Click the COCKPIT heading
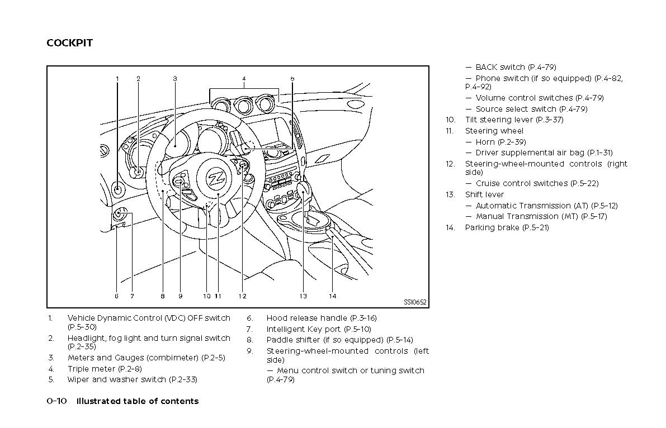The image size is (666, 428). click(x=69, y=43)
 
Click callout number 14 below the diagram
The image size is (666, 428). click(x=332, y=296)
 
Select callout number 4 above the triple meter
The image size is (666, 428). click(x=244, y=79)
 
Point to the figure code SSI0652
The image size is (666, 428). click(x=415, y=302)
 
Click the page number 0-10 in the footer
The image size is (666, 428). click(x=57, y=401)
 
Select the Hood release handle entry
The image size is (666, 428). click(x=321, y=318)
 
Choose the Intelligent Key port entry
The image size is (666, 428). click(x=318, y=329)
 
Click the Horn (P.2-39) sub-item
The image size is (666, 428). click(x=500, y=142)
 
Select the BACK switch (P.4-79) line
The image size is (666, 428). click(x=516, y=67)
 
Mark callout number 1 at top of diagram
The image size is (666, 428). click(x=117, y=79)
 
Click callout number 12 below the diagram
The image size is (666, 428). click(x=242, y=296)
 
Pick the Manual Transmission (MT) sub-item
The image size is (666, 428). click(x=541, y=216)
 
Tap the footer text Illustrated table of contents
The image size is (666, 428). click(x=137, y=401)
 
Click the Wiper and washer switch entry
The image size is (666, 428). click(x=132, y=379)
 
